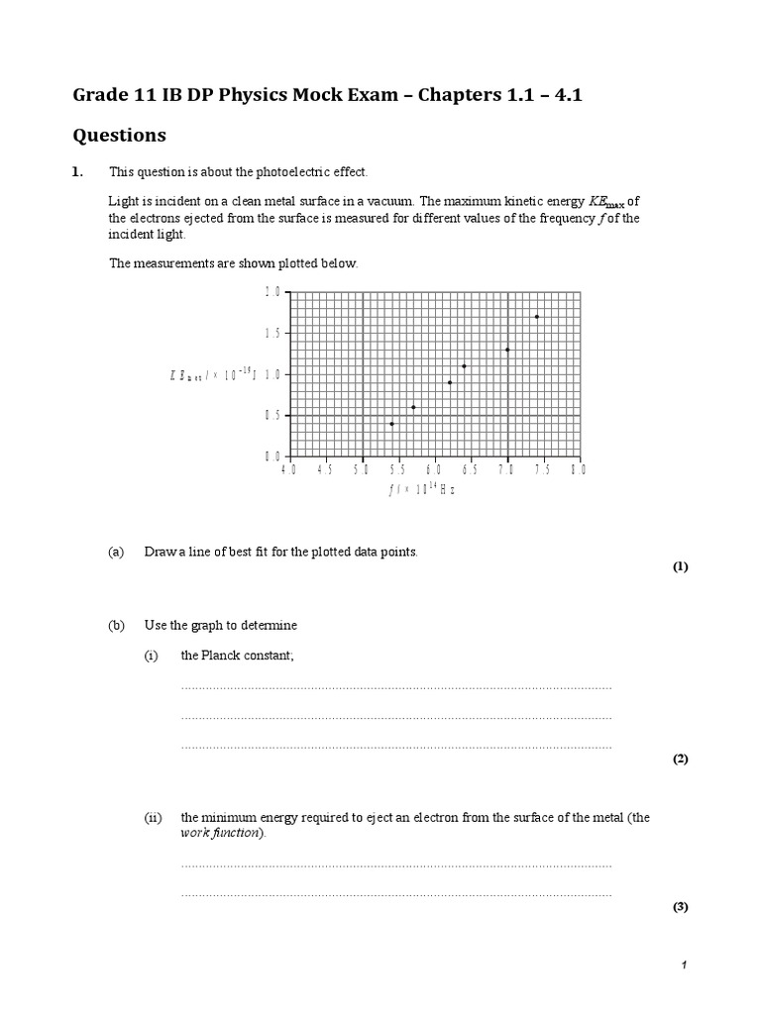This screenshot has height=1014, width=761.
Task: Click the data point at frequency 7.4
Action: [536, 317]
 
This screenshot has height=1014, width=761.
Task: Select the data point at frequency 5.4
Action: [391, 424]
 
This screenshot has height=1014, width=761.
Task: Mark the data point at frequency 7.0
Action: [507, 350]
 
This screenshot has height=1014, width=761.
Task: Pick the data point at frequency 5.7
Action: [413, 407]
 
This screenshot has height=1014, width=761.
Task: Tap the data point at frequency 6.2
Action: [450, 382]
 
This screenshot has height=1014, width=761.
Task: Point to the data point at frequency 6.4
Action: [464, 366]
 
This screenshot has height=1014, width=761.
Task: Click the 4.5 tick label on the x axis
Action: [325, 470]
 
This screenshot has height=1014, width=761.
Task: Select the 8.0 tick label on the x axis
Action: [578, 470]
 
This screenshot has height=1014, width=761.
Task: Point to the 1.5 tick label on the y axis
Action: [272, 334]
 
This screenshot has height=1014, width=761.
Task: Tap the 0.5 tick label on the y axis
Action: [272, 416]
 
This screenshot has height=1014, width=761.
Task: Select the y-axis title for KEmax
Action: [213, 374]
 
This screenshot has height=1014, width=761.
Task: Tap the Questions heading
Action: [120, 135]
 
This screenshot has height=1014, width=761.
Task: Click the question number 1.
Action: [78, 172]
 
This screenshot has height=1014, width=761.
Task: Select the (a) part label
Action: [116, 552]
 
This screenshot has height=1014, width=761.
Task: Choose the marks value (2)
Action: [680, 759]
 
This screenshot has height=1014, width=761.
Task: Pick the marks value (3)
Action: [680, 907]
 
